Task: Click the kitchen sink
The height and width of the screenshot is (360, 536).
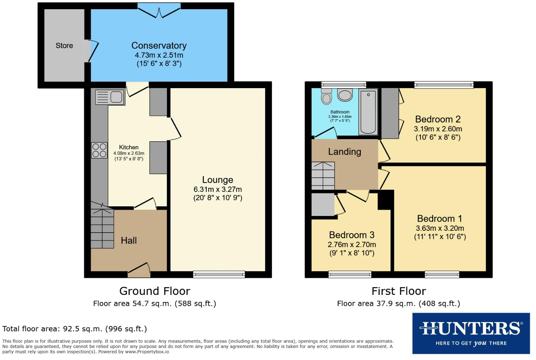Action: (x=110, y=97)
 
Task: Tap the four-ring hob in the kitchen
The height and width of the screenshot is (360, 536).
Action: (x=99, y=150)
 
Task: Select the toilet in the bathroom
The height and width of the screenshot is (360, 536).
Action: (x=326, y=97)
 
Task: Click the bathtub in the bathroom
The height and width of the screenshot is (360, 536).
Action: (x=368, y=112)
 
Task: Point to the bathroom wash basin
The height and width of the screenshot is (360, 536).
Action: (x=345, y=95)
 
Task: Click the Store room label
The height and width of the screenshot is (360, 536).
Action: (x=64, y=46)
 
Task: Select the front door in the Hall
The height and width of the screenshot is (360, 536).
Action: (x=139, y=270)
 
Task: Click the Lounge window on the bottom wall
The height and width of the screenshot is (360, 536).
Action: (x=219, y=274)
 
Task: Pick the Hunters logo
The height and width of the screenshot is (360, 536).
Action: (x=471, y=333)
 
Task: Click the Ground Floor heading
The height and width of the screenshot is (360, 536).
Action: (x=155, y=291)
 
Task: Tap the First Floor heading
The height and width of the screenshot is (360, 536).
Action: (x=399, y=291)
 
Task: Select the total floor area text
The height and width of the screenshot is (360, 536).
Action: (x=74, y=329)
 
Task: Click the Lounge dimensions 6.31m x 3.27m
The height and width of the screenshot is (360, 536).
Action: (x=218, y=189)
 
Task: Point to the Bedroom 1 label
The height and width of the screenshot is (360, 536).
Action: (x=439, y=218)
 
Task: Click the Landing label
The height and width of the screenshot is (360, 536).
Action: (x=344, y=152)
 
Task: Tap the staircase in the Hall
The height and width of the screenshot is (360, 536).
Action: (x=102, y=228)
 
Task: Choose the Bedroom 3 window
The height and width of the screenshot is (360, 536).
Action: (x=350, y=274)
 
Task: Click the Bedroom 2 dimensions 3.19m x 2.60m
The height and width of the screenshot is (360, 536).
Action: (x=438, y=129)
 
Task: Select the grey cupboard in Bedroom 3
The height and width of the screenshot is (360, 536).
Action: (x=323, y=205)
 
